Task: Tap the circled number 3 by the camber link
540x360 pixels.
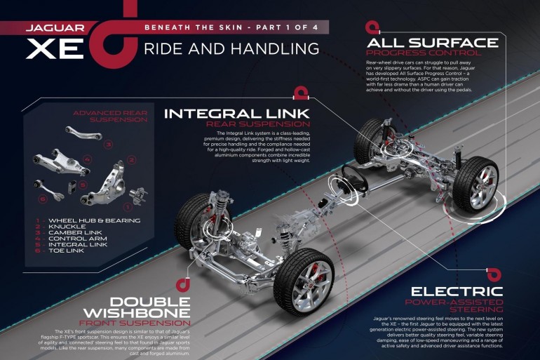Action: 109,145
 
